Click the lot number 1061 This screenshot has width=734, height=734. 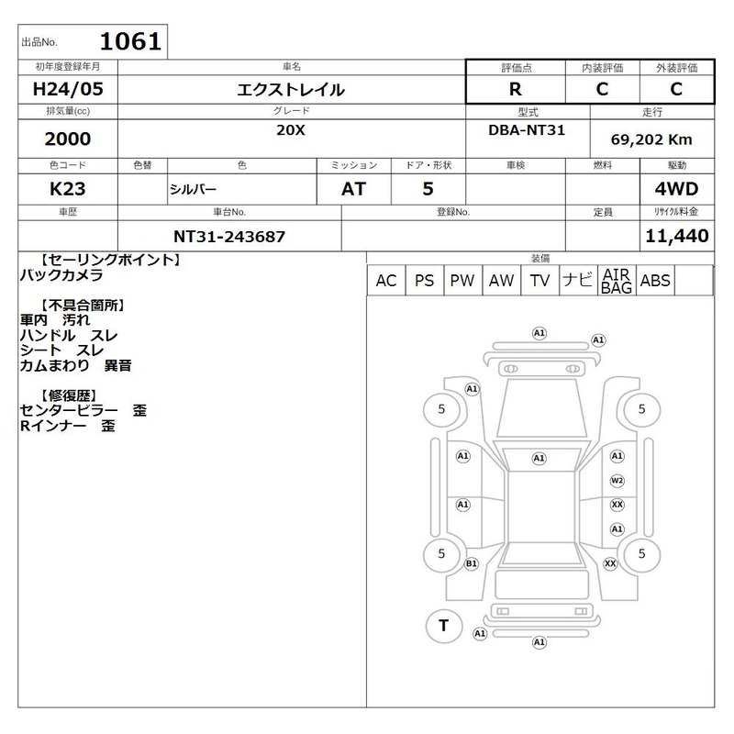(x=130, y=41)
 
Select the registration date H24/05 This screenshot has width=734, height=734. (x=68, y=89)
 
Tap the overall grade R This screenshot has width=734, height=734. (x=515, y=89)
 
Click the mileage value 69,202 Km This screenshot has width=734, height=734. (x=651, y=139)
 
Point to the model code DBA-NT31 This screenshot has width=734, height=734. (x=527, y=130)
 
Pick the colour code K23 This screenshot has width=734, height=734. (x=67, y=189)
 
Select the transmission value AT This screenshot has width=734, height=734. (x=353, y=189)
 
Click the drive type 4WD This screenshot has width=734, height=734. (x=676, y=189)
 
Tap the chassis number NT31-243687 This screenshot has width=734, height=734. (x=229, y=237)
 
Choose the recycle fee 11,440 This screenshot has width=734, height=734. (x=677, y=236)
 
